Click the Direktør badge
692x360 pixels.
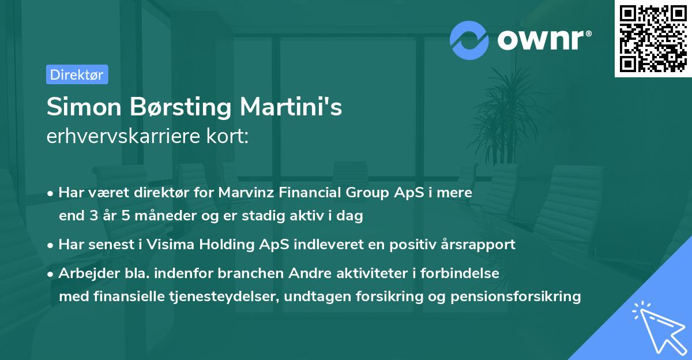tap(77, 74)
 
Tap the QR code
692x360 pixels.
tap(653, 39)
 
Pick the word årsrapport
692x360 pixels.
tap(483, 245)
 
